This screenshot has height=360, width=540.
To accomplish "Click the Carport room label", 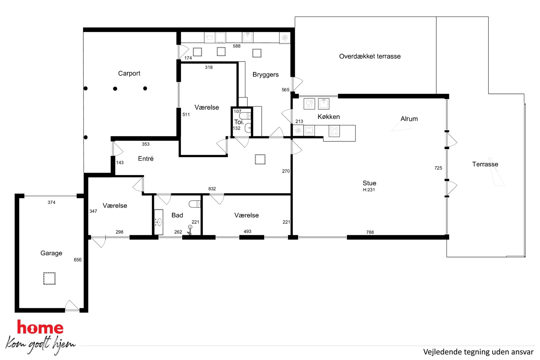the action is tap(129, 73).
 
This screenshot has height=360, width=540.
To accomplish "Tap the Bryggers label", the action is tap(265, 75).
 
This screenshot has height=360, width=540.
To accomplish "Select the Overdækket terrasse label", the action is tap(370, 56).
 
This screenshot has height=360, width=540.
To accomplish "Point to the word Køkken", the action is tap(329, 117).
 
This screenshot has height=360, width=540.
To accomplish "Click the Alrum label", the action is tap(409, 119).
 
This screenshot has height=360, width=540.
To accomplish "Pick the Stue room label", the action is tap(369, 183).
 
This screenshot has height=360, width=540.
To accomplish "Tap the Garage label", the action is tap(51, 253).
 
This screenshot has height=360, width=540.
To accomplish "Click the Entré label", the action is tap(146, 159).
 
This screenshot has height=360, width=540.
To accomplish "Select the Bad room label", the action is tap(177, 215).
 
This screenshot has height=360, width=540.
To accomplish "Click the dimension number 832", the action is tap(212, 189).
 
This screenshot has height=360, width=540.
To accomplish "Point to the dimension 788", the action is tap(370, 232).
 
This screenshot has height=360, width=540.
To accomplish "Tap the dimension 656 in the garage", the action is tap(78, 260).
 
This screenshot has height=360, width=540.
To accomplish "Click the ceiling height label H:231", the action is tap(369, 190).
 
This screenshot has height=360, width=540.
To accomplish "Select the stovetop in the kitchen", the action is tap(334, 131).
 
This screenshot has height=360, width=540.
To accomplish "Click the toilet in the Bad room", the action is tap(195, 204).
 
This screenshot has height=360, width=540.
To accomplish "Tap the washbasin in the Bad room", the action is tap(159, 222).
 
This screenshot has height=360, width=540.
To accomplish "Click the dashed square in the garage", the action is tap(49, 278).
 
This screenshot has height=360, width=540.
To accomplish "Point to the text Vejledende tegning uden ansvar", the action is tap(478, 352).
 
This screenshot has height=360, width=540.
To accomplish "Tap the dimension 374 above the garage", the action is tap(51, 202).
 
